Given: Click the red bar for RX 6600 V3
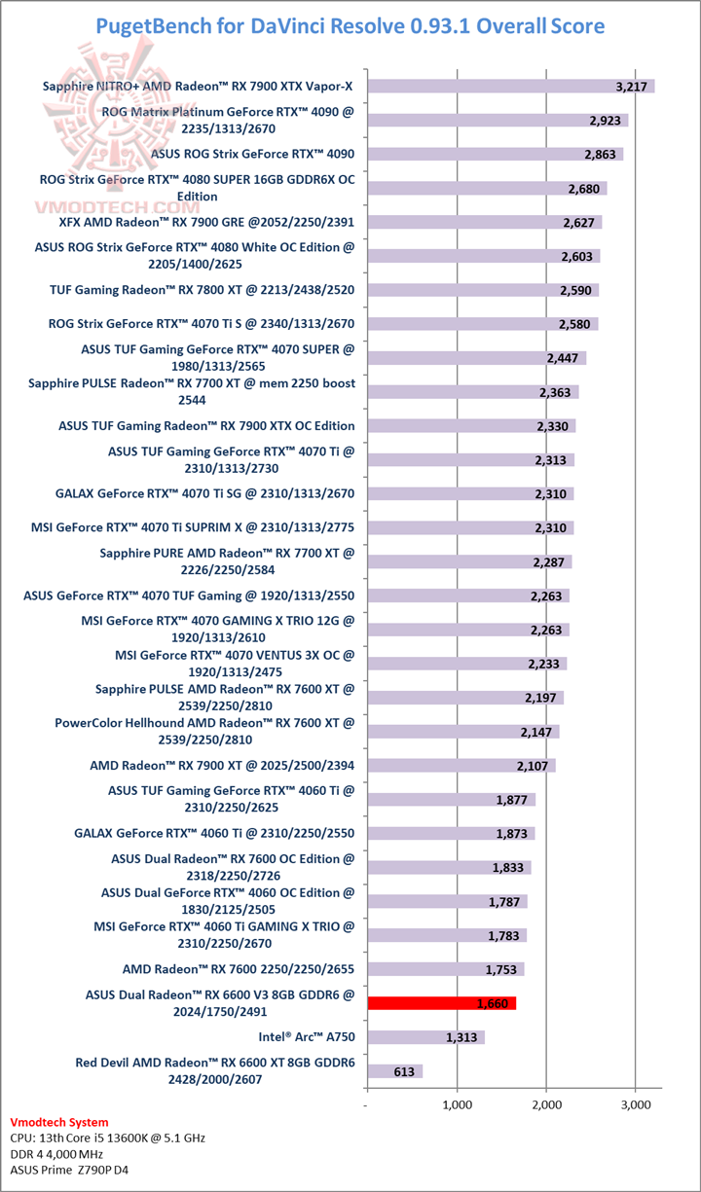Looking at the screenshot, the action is click(440, 1003).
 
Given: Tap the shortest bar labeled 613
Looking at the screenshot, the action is click(394, 1071).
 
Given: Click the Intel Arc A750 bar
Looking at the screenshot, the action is click(425, 1037).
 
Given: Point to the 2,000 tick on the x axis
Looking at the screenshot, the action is click(546, 1105).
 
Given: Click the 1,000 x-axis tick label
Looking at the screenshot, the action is click(457, 1105).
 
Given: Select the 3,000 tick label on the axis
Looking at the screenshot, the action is click(635, 1105).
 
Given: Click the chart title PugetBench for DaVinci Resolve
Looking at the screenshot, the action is click(350, 25).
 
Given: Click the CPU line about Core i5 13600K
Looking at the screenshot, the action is click(107, 1138).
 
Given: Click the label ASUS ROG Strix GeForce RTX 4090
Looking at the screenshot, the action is click(253, 154).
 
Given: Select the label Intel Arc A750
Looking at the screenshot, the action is click(306, 1036).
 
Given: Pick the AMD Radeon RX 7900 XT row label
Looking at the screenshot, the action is click(222, 765).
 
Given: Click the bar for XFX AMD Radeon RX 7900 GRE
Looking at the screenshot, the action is click(484, 222).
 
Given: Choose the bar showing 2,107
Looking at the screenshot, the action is click(461, 766).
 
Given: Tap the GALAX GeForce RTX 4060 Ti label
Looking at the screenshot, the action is click(214, 833).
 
